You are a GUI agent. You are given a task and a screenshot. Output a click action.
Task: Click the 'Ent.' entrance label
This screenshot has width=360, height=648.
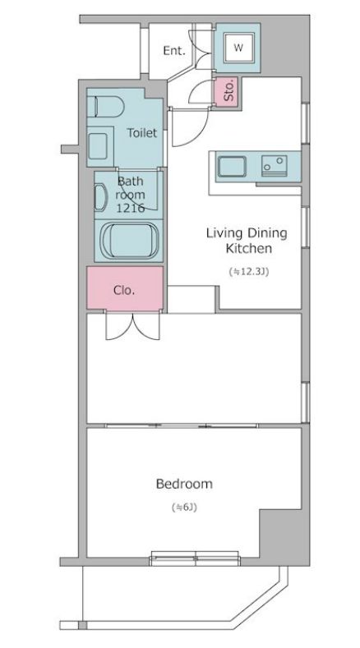(173, 50)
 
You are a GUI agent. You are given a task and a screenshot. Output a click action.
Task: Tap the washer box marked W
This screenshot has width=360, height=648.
(238, 48)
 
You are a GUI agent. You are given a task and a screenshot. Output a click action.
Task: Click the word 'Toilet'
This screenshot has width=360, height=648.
(142, 133)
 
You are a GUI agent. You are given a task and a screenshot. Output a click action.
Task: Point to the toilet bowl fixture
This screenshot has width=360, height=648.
(105, 107)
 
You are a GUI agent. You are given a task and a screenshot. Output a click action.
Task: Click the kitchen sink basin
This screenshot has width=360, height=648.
(233, 167)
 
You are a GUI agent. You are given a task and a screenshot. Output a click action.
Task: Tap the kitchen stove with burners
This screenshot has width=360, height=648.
(274, 166)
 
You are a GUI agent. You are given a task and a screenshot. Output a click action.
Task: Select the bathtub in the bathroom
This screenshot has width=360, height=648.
(131, 241)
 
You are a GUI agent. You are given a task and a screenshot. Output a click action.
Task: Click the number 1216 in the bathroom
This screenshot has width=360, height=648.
(130, 208)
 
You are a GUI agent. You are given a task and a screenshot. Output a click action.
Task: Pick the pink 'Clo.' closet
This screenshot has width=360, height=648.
(125, 288)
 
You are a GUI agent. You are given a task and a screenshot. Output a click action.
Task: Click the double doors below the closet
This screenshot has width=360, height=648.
(133, 326)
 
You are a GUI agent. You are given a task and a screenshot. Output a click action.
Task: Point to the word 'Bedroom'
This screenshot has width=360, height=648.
(184, 484)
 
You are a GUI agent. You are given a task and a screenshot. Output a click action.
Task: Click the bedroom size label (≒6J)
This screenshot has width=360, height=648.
(184, 507)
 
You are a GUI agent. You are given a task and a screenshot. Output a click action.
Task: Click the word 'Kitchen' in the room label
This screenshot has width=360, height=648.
(248, 248)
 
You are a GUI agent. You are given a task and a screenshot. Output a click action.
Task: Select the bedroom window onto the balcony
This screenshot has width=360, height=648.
(195, 558)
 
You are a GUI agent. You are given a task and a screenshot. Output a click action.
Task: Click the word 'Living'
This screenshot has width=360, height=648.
(224, 233)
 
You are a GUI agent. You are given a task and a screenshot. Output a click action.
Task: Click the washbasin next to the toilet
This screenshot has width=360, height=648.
(99, 146)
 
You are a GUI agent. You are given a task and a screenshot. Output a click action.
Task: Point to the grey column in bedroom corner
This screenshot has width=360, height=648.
(284, 535)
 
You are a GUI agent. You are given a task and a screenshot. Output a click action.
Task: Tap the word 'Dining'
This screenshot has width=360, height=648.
(267, 233)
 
